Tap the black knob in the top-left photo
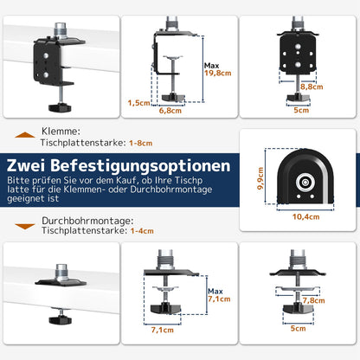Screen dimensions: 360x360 pos(60,106)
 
